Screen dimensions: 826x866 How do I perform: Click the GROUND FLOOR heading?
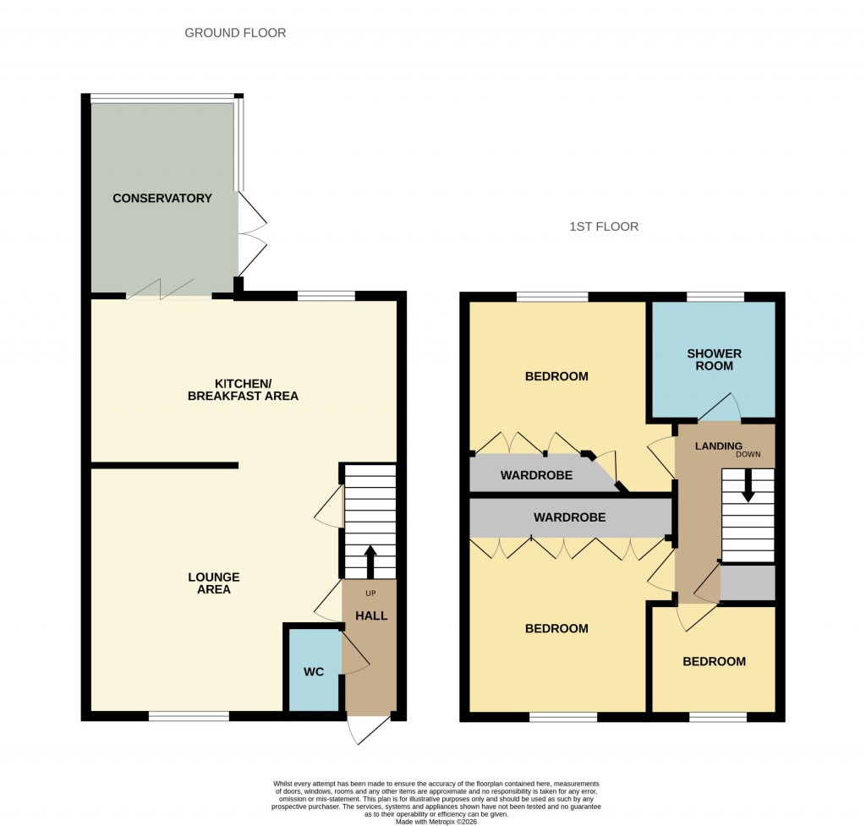(x=235, y=33)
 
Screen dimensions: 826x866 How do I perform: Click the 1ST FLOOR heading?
(x=604, y=227)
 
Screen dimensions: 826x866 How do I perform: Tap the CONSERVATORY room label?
(x=162, y=199)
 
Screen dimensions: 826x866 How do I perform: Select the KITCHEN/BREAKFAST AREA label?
(x=244, y=390)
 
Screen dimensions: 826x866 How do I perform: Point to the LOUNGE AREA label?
(x=214, y=583)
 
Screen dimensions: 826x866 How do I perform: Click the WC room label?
(x=314, y=672)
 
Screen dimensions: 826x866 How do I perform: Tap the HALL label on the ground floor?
(x=371, y=615)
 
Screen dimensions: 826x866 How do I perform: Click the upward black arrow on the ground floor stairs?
(x=370, y=561)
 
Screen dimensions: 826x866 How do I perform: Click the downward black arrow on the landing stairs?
(x=748, y=487)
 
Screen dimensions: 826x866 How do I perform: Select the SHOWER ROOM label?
(x=715, y=359)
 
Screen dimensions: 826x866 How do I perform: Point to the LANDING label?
(x=719, y=446)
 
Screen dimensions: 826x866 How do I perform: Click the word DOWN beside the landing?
(x=748, y=454)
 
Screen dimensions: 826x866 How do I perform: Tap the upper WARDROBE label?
(x=536, y=475)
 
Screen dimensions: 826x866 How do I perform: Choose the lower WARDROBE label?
(x=569, y=517)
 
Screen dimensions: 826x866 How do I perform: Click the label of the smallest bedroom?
(x=715, y=661)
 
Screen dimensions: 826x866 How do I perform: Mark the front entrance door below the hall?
(x=370, y=730)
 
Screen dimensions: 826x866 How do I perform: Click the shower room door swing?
(x=719, y=409)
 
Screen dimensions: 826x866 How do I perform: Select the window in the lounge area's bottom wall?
(x=189, y=717)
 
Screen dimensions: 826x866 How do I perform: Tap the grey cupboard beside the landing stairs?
(x=748, y=583)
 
